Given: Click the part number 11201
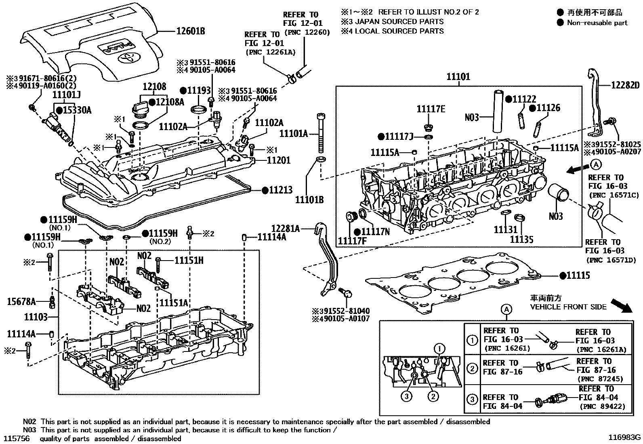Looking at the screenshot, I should (x=278, y=160).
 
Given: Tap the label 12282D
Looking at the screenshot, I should (x=625, y=85).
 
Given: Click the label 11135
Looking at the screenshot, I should (x=521, y=240).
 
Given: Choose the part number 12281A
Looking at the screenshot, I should (x=285, y=229).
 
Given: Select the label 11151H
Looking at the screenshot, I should (x=189, y=261).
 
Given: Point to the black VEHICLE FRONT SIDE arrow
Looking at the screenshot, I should (x=621, y=306).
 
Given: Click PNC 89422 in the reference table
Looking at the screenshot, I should (x=601, y=406).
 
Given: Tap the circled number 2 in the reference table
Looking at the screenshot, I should (x=472, y=368).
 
